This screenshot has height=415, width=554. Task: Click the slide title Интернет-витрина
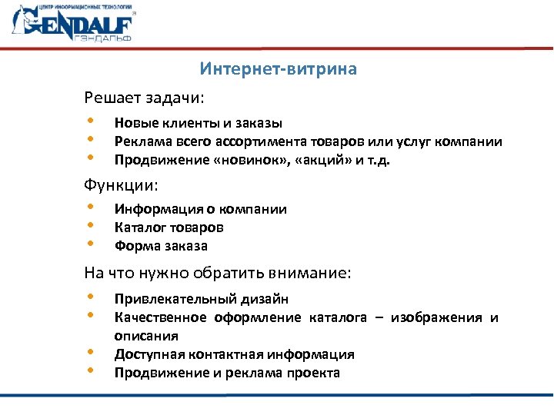278,70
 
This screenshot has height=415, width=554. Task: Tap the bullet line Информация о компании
200,209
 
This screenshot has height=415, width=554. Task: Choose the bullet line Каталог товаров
169,227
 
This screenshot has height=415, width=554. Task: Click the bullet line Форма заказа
161,246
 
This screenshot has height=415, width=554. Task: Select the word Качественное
160,317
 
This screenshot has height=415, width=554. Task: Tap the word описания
146,336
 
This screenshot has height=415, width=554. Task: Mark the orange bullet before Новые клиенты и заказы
90,121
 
